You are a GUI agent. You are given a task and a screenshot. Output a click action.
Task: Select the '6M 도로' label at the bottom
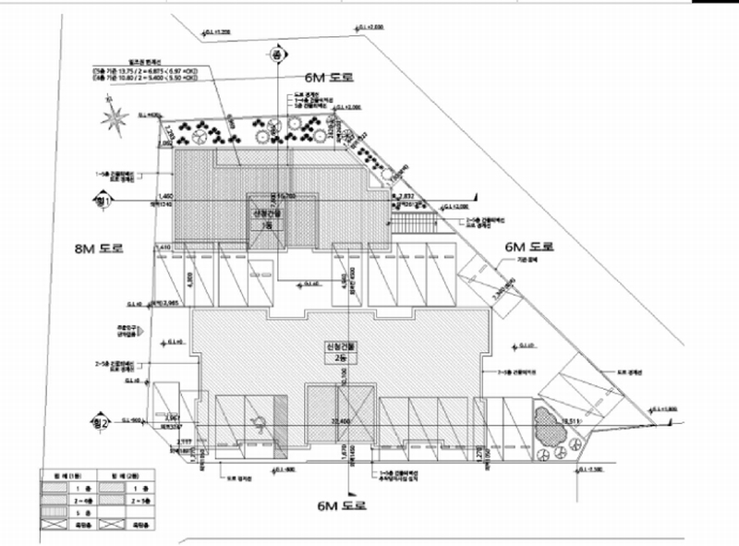click(x=342, y=505)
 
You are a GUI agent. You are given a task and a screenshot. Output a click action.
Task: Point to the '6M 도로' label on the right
click(x=529, y=248)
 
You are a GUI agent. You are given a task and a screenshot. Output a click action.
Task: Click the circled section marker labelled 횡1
click(x=103, y=199)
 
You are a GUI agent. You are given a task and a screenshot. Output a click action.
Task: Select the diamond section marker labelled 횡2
click(x=103, y=424)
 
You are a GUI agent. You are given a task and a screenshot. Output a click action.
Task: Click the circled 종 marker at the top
click(x=275, y=56)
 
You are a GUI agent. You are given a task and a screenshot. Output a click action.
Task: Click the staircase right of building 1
click(x=413, y=224)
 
